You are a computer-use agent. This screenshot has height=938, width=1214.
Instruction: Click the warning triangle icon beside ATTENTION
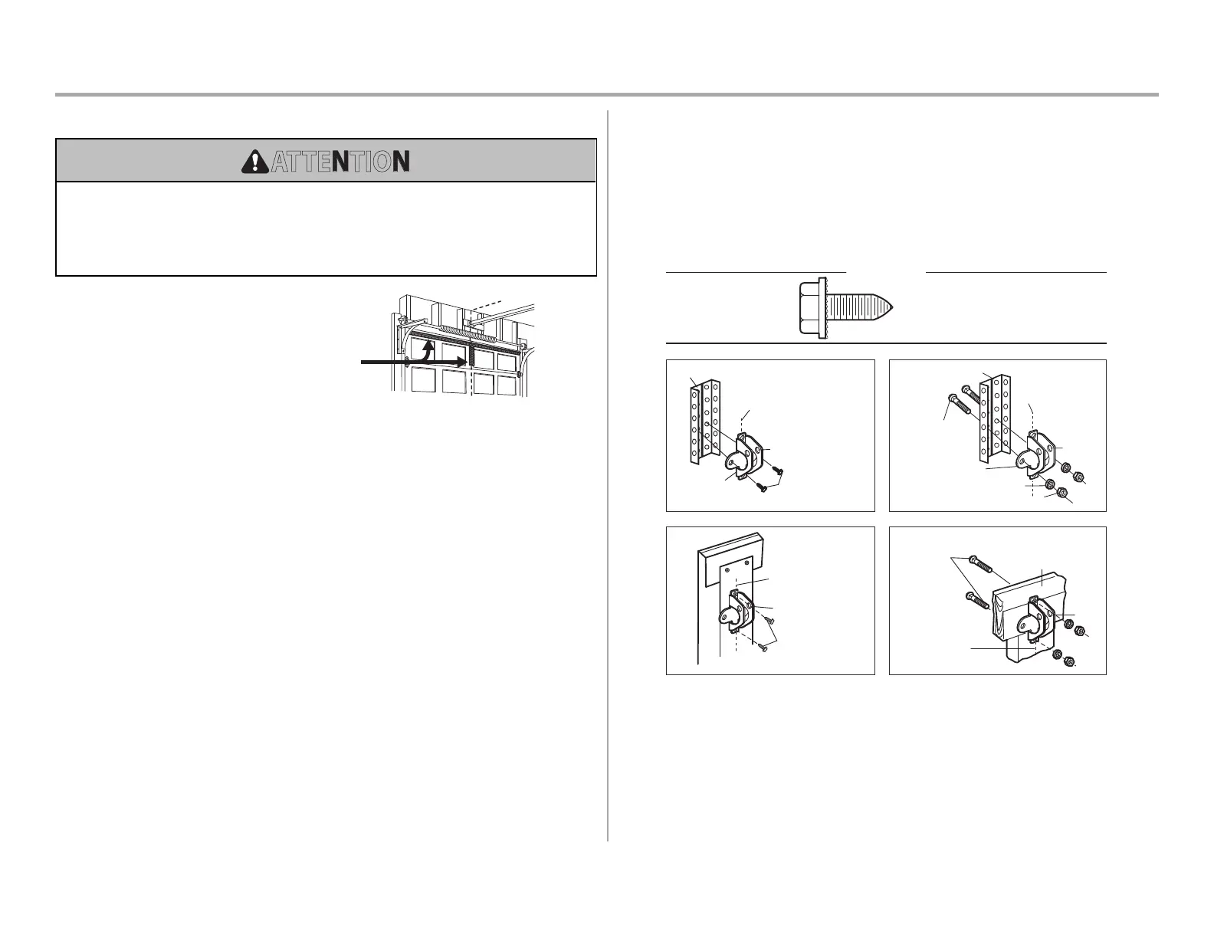coord(251,161)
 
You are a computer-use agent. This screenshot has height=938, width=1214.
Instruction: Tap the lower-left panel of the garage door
coord(422,381)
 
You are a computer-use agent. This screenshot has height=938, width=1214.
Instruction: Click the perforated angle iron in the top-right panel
coord(995,418)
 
